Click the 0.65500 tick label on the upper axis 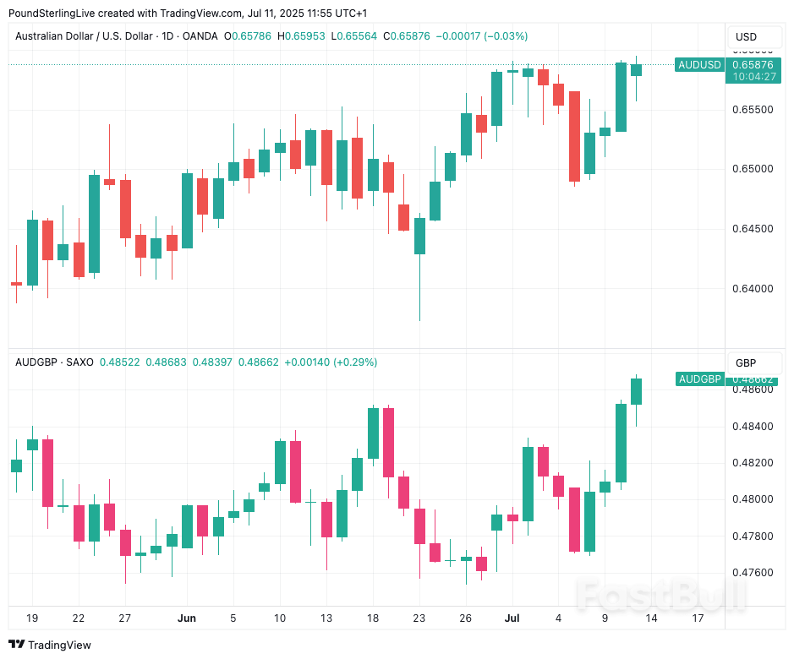(x=751, y=110)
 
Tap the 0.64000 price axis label (x=751, y=288)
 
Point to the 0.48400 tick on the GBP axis (x=751, y=427)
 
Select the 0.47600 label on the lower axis (x=751, y=573)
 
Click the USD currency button (x=746, y=37)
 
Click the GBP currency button (x=746, y=363)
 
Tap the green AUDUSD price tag (x=698, y=65)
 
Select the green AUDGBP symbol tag (x=700, y=379)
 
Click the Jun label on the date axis (x=187, y=618)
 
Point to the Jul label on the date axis (x=512, y=618)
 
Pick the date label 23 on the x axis (x=419, y=618)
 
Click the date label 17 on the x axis (x=698, y=618)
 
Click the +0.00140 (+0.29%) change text (x=331, y=362)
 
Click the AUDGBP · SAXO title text (x=54, y=362)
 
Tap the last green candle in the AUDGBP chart (x=636, y=391)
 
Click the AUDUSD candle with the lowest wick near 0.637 (x=419, y=237)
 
